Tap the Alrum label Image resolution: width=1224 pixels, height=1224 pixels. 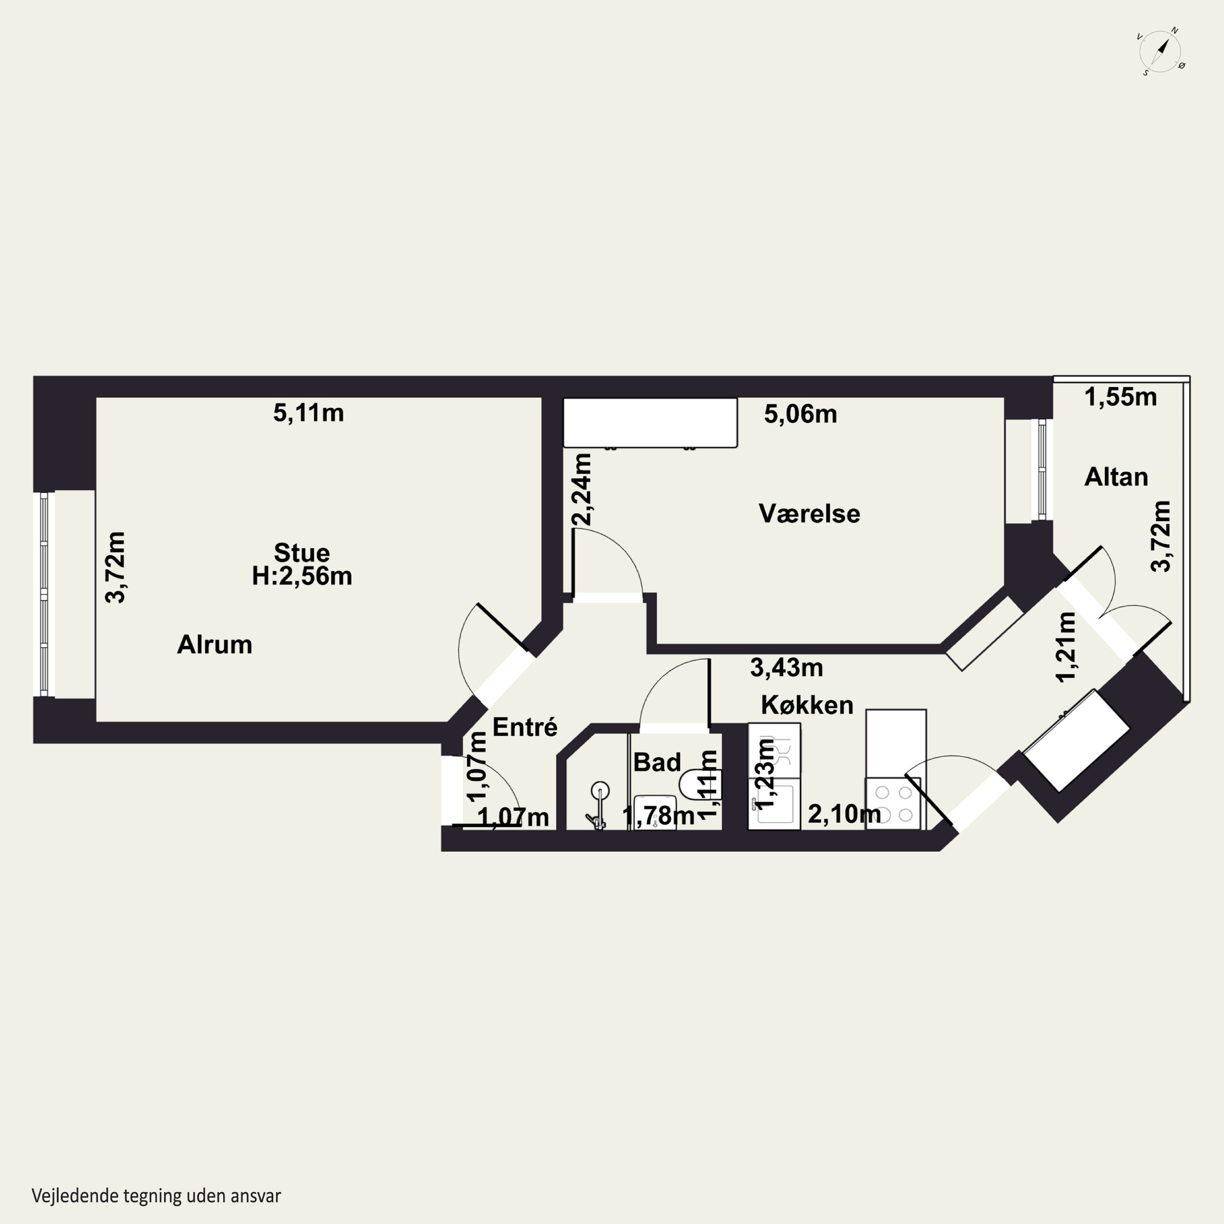215,644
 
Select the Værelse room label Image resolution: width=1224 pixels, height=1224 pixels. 809,513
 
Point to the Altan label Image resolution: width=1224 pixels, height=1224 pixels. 1116,477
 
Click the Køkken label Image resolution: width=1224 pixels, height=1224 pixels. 807,705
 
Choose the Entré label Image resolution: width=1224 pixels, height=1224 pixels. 525,727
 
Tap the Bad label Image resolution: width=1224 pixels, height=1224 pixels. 657,762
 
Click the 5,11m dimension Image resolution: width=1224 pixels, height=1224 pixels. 308,413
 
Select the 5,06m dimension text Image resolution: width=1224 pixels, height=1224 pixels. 800,415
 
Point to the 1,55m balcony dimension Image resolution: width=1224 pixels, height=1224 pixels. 1121,397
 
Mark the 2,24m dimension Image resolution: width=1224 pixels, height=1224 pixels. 582,489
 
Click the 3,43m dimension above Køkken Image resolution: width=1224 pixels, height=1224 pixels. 786,667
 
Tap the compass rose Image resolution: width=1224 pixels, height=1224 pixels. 1161,52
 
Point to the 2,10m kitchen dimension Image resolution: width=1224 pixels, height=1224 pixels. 844,814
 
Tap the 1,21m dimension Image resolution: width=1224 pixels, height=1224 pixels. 1066,646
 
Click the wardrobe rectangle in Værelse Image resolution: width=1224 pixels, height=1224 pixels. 650,423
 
